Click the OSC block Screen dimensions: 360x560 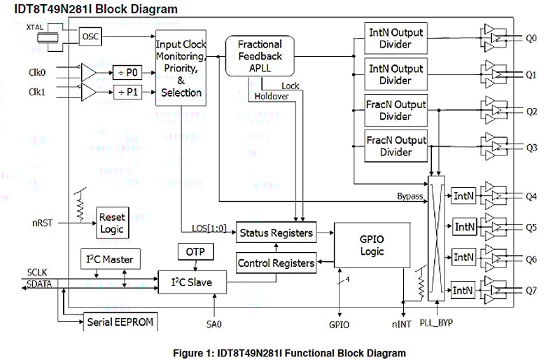click(x=90, y=36)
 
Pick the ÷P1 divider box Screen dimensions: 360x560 click(x=127, y=92)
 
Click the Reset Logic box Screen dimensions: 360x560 click(x=112, y=223)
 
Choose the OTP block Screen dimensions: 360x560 click(x=195, y=251)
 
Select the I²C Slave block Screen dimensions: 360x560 click(x=192, y=283)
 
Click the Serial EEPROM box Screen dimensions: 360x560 click(x=120, y=322)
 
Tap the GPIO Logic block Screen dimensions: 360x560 click(x=372, y=244)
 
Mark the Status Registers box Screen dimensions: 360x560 click(x=276, y=231)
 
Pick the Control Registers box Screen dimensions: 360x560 click(x=276, y=264)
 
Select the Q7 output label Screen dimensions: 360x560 click(x=531, y=290)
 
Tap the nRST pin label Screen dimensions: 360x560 click(x=40, y=223)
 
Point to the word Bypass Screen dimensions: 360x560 click(x=409, y=197)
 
